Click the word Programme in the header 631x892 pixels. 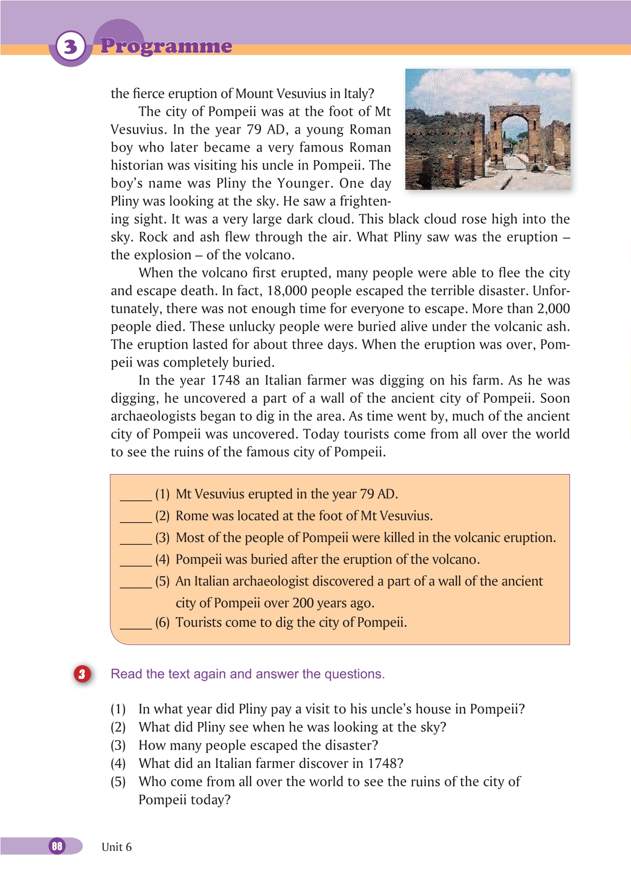[x=166, y=46]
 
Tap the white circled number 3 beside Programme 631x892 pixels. [x=71, y=46]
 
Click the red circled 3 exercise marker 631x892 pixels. [x=82, y=674]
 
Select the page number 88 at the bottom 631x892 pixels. [x=57, y=846]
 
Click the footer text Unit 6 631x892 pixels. [x=116, y=847]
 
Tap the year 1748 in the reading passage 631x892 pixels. [x=225, y=381]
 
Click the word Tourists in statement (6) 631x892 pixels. [x=199, y=622]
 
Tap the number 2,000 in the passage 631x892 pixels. [x=553, y=309]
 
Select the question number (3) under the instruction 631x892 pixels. [x=118, y=745]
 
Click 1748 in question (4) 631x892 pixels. [x=382, y=764]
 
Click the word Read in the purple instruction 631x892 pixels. [x=126, y=674]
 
